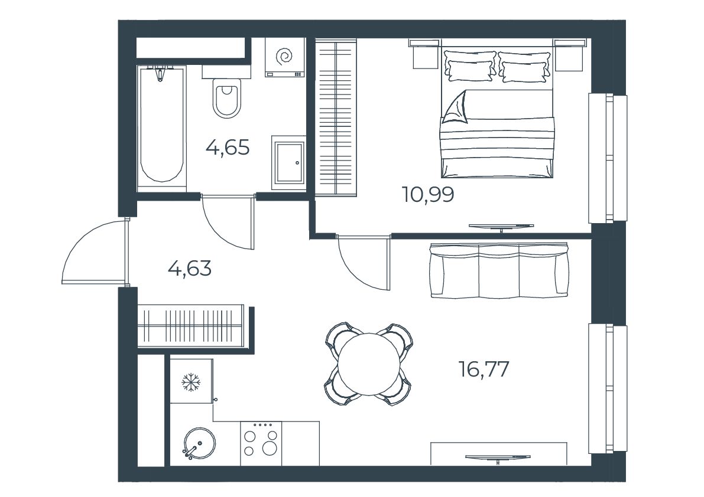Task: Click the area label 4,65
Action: [227, 147]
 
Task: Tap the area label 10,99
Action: [428, 195]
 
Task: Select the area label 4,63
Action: [190, 269]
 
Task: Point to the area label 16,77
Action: [484, 370]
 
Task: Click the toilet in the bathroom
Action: [227, 98]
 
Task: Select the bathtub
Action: [161, 126]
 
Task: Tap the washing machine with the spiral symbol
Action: [285, 57]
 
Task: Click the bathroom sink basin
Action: [288, 163]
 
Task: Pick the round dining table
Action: [369, 364]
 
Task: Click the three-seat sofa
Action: [499, 270]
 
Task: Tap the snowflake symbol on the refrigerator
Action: [191, 382]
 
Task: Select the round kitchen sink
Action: [198, 443]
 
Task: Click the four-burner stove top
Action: [261, 444]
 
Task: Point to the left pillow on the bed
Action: [470, 66]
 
